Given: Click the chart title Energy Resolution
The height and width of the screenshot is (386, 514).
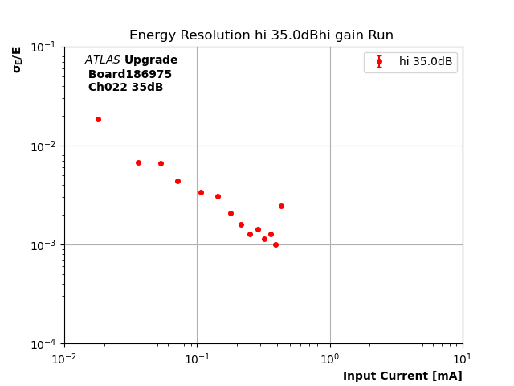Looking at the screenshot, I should pos(261,35).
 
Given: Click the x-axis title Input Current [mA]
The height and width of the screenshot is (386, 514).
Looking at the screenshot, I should pos(402,376).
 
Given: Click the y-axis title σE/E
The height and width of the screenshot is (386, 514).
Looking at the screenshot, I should pos(17,60).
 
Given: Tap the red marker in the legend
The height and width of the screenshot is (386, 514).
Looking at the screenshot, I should pos(379,62).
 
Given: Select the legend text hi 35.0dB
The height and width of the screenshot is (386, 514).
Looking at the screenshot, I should pos(425,62).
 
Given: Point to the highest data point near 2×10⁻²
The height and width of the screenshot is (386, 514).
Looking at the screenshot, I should pos(98,119).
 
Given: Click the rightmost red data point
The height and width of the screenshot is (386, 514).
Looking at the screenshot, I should pos(281,206).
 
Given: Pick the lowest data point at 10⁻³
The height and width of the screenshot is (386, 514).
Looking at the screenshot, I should pos(275,244).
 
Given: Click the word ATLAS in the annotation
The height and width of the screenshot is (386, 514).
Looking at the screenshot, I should pos(102,60).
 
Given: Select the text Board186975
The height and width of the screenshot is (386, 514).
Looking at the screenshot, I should pos(130,74).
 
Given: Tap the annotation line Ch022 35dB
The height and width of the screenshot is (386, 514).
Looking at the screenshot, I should pos(125,88).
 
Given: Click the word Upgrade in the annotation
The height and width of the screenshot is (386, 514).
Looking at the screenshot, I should pos(151,60).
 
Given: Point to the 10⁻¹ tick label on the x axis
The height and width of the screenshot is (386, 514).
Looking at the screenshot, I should pos(197,358).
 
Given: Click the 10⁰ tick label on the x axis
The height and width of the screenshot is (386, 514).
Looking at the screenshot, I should pos(330,358).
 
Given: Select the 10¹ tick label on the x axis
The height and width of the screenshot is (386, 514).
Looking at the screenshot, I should pos(463,358).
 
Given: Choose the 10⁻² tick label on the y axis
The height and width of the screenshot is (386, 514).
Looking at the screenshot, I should pos(44,146).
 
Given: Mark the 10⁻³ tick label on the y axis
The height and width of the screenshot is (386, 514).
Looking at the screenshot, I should pos(44,245).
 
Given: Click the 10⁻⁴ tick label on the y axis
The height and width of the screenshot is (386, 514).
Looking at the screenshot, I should pos(44,344).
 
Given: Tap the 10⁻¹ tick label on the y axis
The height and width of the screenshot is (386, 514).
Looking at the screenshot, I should pos(44,47).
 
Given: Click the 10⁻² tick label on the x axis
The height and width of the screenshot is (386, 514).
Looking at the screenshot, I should pos(64,358).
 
